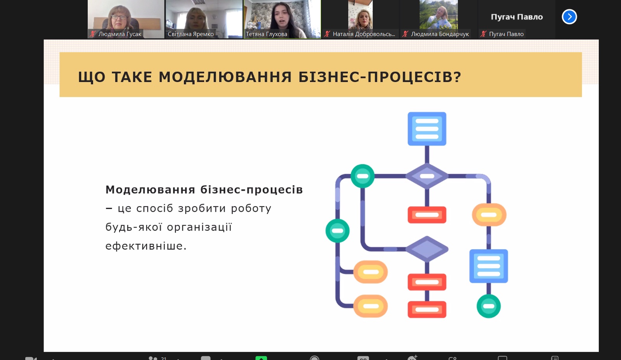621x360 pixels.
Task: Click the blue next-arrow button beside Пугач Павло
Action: (569, 17)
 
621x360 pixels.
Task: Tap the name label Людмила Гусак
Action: (120, 34)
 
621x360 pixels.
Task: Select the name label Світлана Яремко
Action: (191, 34)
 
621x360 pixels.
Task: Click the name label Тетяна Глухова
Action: (266, 34)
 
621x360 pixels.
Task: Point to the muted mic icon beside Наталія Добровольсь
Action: (327, 34)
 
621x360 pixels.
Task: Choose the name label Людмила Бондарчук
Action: (440, 34)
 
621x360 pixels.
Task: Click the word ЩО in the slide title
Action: (92, 77)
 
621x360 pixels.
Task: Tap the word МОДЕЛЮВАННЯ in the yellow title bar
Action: (225, 77)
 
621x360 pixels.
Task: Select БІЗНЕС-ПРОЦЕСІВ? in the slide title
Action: (380, 77)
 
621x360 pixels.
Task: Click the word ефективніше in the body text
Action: (146, 246)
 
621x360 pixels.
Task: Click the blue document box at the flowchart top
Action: (427, 129)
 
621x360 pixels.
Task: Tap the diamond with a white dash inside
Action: (427, 176)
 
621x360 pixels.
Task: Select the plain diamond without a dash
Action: (427, 249)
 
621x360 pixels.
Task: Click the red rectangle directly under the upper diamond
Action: (427, 215)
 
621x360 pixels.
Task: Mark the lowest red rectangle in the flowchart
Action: (427, 309)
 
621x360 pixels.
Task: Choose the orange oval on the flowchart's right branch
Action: (489, 215)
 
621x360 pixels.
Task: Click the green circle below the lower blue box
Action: (489, 306)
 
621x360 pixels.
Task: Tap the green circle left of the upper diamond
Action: (363, 176)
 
